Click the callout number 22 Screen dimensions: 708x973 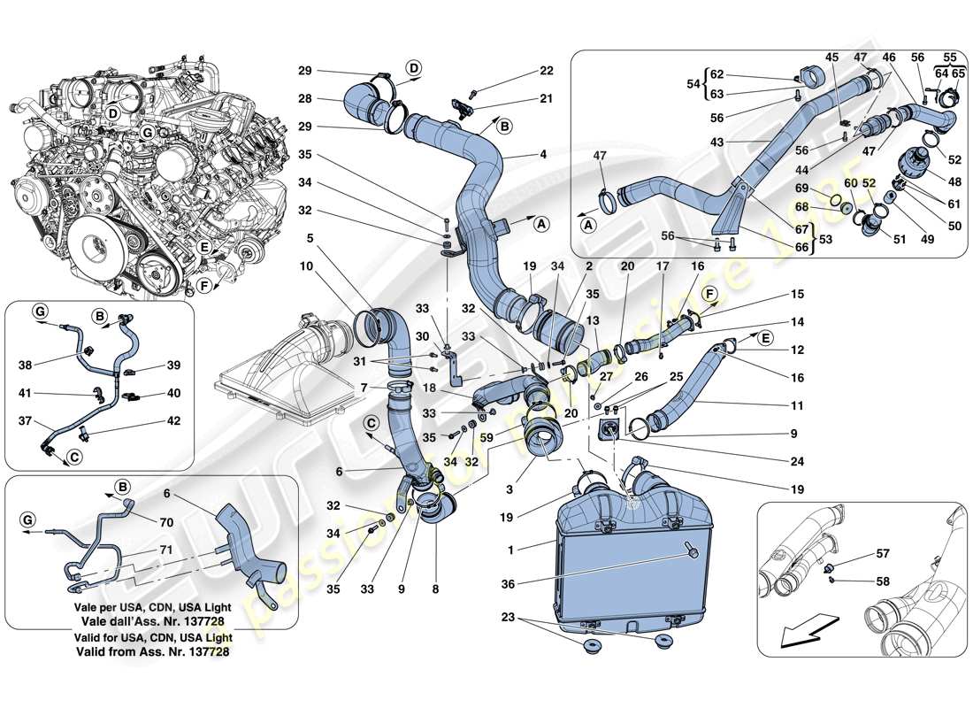546,71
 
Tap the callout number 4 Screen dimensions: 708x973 543,155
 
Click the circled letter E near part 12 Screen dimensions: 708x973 765,337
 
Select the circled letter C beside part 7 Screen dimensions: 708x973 372,424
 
